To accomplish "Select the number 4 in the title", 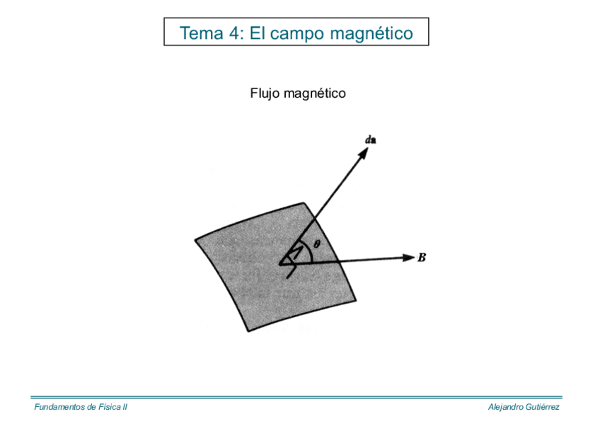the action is pyautogui.click(x=236, y=33).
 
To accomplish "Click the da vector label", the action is pyautogui.click(x=370, y=139).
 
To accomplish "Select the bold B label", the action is pyautogui.click(x=422, y=258).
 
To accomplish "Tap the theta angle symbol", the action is pyautogui.click(x=316, y=243).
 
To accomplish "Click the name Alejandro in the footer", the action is pyautogui.click(x=504, y=407).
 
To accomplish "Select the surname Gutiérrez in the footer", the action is pyautogui.click(x=541, y=407).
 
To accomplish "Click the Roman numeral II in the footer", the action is pyautogui.click(x=124, y=407).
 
